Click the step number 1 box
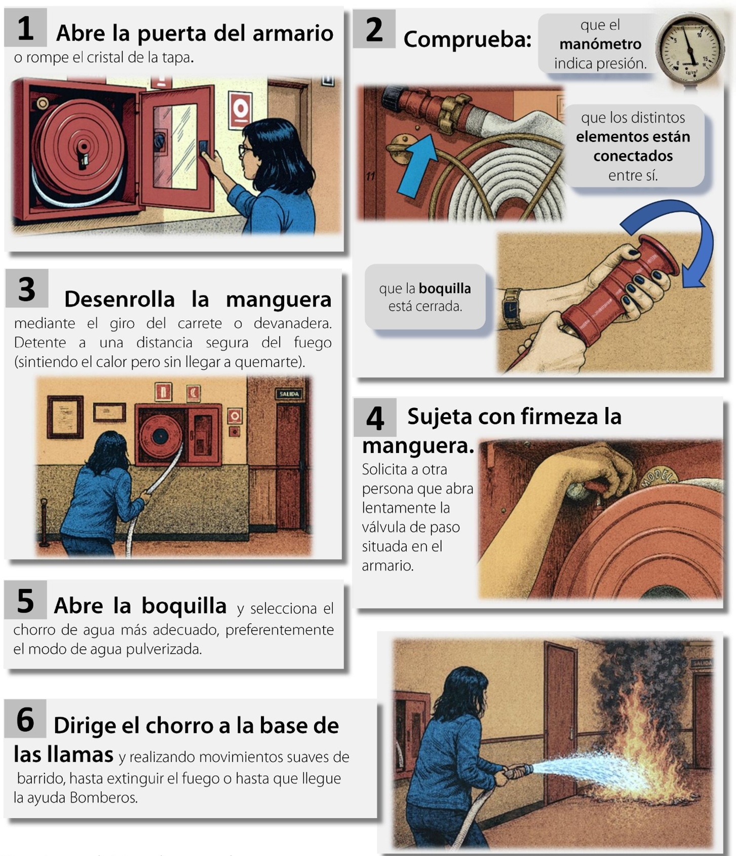tap(25, 28)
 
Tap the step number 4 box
tap(375, 418)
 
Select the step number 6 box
tap(25, 719)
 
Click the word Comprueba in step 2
tap(467, 40)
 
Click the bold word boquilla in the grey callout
tap(445, 288)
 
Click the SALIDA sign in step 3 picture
tap(289, 394)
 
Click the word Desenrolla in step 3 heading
tap(120, 299)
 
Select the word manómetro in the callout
tap(600, 44)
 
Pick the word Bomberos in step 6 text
tap(103, 797)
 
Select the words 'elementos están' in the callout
tap(633, 136)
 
